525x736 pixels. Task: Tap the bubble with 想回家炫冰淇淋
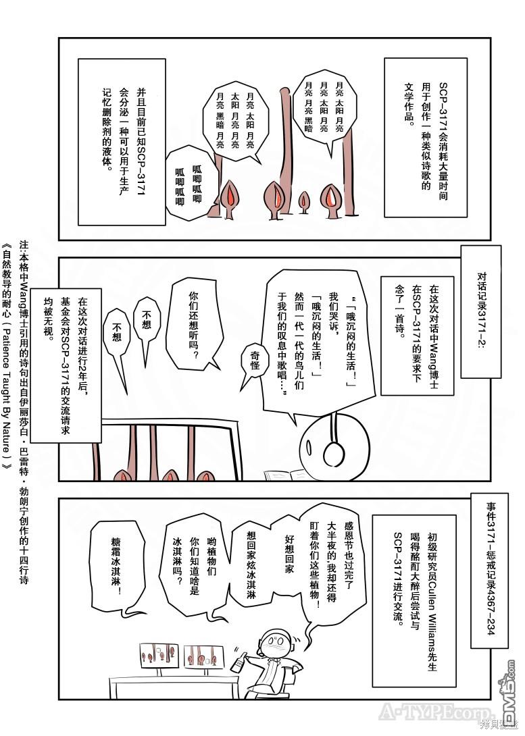click(251, 567)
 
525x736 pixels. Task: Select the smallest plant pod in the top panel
click(304, 200)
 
